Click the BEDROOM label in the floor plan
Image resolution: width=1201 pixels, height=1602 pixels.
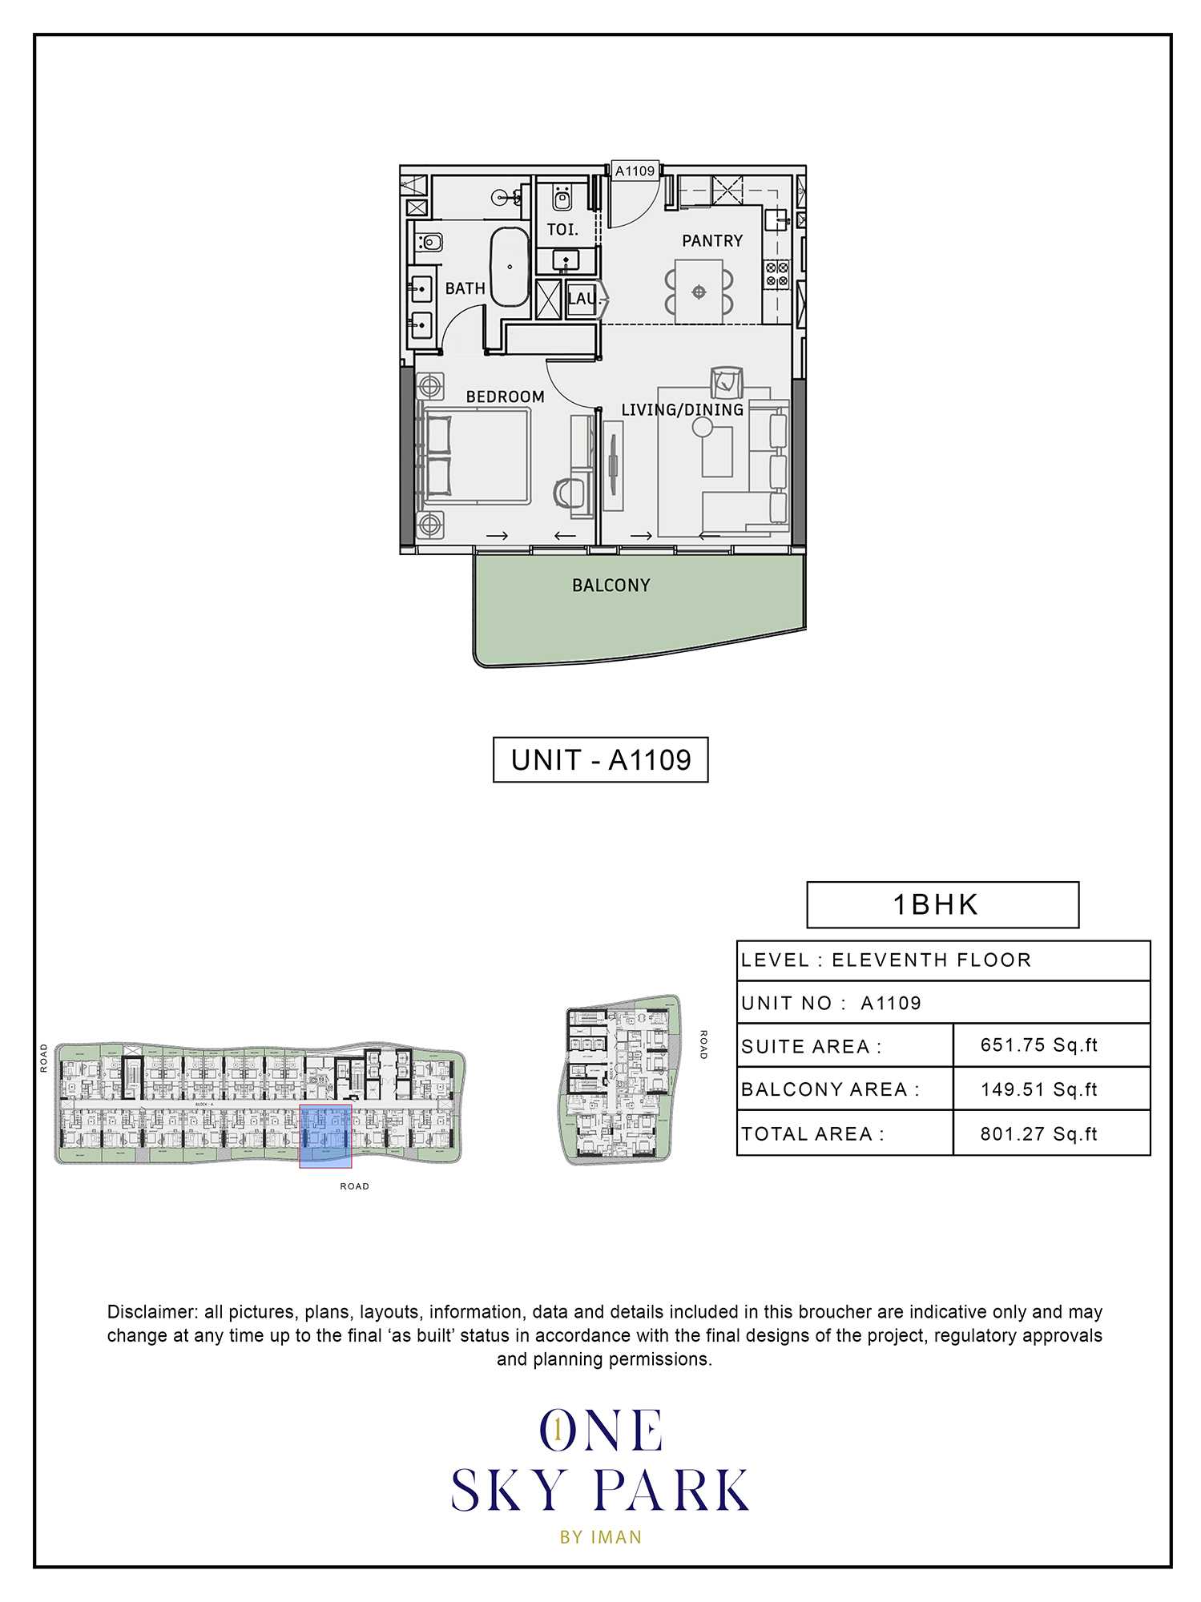(x=505, y=397)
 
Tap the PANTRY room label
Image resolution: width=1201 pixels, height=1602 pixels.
(x=711, y=241)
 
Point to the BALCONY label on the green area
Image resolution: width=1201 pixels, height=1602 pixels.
(x=611, y=586)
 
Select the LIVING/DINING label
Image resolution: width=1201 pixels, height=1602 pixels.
(x=682, y=410)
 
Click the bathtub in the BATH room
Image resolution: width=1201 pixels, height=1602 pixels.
(x=510, y=267)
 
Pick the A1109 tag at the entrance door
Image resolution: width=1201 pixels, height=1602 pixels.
(x=635, y=171)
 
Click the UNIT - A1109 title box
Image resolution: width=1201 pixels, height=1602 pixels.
(x=600, y=759)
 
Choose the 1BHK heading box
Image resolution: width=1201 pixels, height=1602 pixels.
(x=942, y=905)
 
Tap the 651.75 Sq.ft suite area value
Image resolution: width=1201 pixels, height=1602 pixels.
(x=1038, y=1045)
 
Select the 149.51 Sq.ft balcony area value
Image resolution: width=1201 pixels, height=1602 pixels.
(x=1038, y=1089)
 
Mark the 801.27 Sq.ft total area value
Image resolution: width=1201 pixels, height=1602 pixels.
(x=1038, y=1134)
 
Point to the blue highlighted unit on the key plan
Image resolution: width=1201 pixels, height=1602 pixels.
(x=325, y=1135)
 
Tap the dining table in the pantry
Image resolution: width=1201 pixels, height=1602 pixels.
(x=699, y=292)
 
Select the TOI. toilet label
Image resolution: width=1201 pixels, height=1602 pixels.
(x=562, y=230)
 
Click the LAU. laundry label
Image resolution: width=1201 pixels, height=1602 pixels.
(x=582, y=300)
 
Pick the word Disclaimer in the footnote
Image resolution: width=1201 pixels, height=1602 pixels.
(x=151, y=1312)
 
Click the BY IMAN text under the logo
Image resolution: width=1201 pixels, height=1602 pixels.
(x=601, y=1537)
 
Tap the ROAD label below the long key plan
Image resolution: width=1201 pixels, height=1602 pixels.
(x=354, y=1186)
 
